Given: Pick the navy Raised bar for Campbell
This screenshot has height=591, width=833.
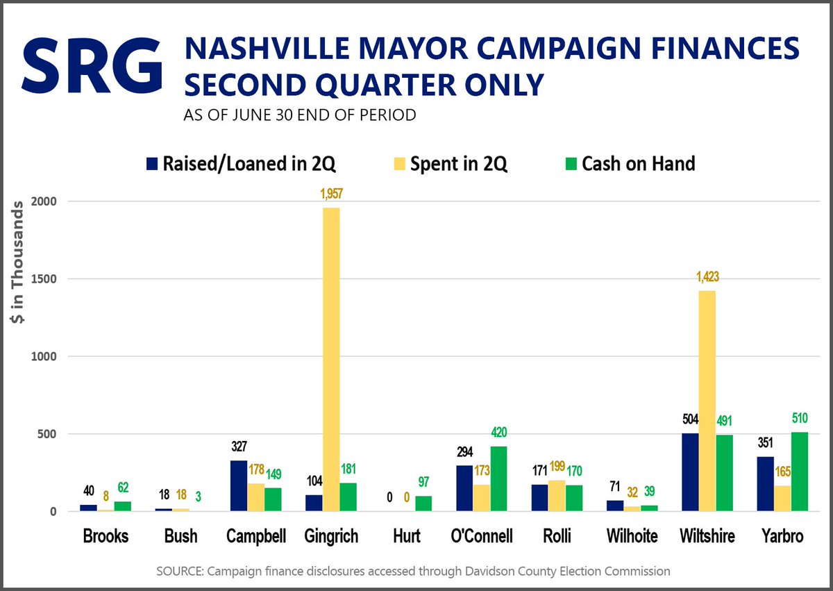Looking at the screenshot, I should click(238, 486).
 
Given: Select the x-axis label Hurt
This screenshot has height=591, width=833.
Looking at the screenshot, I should click(406, 536).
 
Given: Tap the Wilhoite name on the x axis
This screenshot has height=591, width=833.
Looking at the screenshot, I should click(632, 536).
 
